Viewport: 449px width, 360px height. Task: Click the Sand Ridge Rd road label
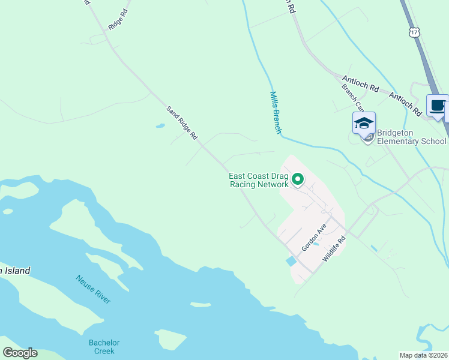coord(182,122)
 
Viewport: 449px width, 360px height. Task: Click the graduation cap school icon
coord(364,124)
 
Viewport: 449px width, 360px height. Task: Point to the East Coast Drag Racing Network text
coord(259,180)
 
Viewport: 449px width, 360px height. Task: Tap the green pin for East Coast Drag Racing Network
coord(297,179)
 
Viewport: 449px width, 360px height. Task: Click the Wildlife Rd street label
coord(334,247)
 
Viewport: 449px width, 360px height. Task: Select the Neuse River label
coord(93,289)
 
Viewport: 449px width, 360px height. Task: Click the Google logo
coord(20,353)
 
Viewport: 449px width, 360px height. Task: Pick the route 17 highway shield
coord(414,31)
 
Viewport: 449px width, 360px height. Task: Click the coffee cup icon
coord(437,106)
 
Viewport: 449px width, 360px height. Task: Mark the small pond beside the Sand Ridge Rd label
coord(160,126)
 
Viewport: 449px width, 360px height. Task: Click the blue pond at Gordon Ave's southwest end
coord(291,261)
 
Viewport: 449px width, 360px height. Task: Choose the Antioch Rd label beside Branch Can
coord(360,84)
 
